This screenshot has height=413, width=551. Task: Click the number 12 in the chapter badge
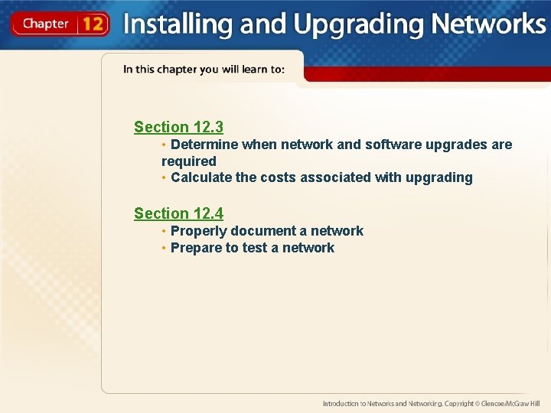coord(93,24)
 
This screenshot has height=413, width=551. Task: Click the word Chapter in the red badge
coord(45,24)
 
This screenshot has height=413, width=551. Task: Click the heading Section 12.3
coord(178,127)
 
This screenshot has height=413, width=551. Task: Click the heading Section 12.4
coord(178,213)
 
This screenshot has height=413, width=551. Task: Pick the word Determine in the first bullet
coord(204,145)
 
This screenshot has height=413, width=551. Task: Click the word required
coord(189,161)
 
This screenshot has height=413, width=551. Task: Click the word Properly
coord(198,231)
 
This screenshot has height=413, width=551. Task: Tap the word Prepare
coord(195,248)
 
